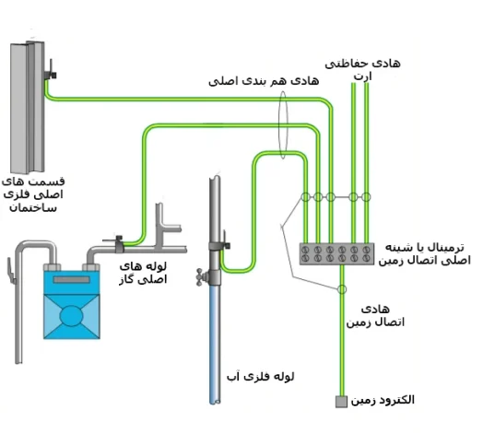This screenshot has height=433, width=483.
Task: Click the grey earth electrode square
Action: coord(341,402)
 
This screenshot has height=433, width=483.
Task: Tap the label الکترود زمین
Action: coord(383,400)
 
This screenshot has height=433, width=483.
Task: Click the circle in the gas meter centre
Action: coord(72,316)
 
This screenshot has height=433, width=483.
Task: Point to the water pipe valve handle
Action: coord(200,276)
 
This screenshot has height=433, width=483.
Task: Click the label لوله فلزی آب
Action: coord(261,377)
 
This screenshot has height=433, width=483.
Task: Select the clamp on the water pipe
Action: coord(220,243)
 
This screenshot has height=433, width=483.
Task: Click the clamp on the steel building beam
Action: coord(49,73)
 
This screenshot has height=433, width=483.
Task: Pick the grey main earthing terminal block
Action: coord(337,253)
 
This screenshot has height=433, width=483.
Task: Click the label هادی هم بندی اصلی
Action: coord(264,81)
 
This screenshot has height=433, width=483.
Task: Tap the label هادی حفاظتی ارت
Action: coord(363,69)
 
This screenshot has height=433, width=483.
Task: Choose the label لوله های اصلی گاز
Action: coord(143,273)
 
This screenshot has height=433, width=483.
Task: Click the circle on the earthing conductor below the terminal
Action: coord(342,289)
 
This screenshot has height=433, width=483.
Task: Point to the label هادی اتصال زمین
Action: coord(375,315)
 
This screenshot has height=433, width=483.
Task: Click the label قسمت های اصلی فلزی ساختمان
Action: coord(33,194)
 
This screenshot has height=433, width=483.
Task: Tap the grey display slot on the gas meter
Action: coord(72,280)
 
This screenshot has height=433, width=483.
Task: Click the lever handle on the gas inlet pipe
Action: coord(11,271)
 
